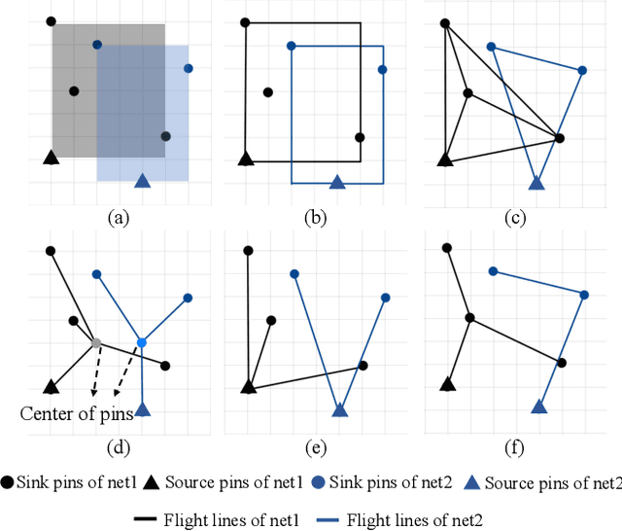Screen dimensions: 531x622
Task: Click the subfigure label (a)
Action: (x=117, y=218)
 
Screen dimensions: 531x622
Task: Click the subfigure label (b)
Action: (x=314, y=218)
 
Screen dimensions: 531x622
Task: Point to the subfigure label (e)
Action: (x=314, y=448)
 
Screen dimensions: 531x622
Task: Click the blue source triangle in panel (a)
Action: (x=143, y=180)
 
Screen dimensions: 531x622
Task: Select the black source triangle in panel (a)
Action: (x=51, y=157)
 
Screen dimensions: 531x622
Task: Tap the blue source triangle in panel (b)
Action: (x=337, y=182)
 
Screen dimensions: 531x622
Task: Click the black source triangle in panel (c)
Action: (x=445, y=159)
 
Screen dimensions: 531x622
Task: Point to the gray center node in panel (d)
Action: (x=95, y=342)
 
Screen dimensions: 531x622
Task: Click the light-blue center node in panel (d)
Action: (x=142, y=342)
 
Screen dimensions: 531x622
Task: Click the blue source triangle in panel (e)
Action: (x=339, y=409)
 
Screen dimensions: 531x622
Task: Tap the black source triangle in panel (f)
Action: (x=447, y=384)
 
